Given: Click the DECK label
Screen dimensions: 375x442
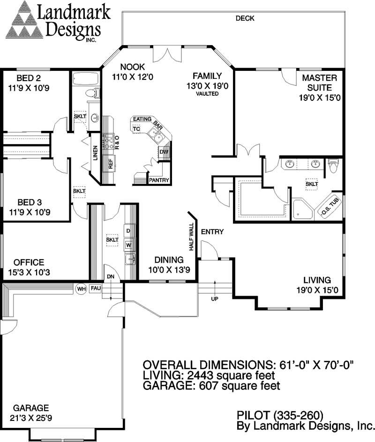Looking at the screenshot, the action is coord(245,18).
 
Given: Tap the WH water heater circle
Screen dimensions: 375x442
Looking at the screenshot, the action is coord(81,289).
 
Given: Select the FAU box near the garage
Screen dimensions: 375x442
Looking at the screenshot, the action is coord(96,289).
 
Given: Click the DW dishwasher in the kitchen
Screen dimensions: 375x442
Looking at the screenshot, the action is coord(164,152).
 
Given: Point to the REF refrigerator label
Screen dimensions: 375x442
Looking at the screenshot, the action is coord(110,163).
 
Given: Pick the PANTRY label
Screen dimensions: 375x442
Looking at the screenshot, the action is coord(159,180).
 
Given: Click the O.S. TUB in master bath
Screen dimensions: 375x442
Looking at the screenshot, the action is coord(330,206).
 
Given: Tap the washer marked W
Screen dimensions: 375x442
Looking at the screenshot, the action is coord(128,244).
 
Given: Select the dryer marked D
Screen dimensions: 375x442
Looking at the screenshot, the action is coord(128,231).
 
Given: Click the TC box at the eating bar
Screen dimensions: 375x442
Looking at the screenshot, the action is coord(136,129).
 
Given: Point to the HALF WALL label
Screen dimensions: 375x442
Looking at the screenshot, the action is coord(191,237).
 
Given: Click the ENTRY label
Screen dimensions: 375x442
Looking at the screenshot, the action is coord(212,232).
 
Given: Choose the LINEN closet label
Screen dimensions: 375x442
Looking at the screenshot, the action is coord(96,153).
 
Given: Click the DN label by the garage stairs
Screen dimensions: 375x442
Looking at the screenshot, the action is coord(111,276).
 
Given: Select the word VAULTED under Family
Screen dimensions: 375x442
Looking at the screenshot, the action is coord(208,94).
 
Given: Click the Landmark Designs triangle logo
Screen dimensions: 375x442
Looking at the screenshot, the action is coord(24,20).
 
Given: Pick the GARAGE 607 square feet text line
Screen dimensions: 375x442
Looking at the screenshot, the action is coord(211,386).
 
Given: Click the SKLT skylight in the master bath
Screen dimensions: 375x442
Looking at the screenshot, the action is coord(312,184).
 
